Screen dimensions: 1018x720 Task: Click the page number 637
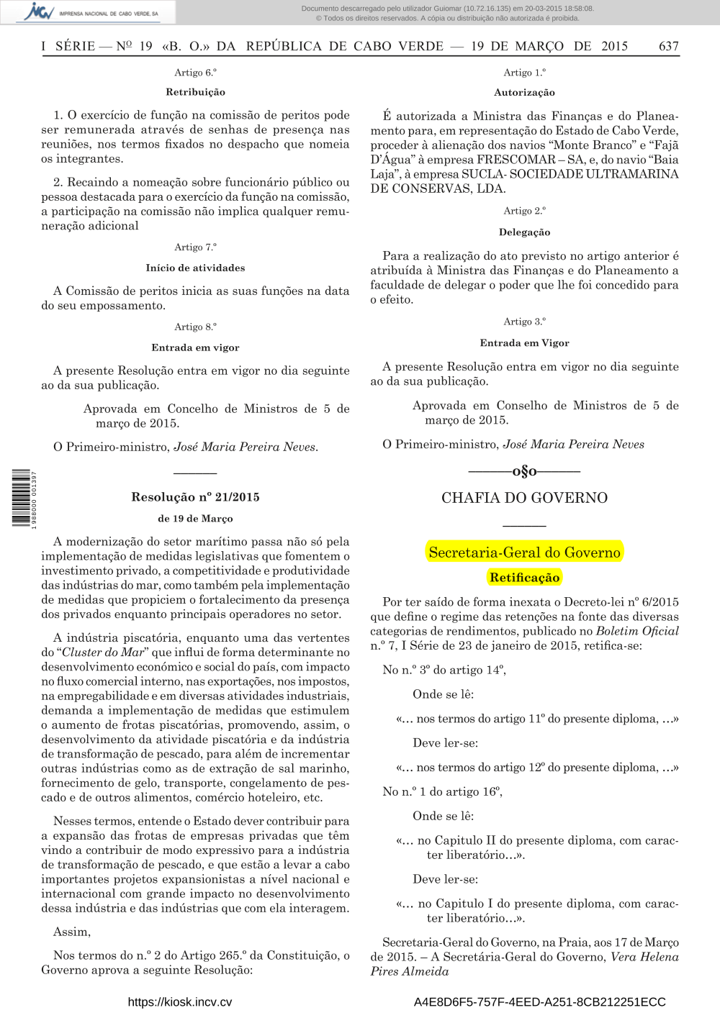pos(668,46)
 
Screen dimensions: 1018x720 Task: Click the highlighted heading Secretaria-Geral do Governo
pos(524,552)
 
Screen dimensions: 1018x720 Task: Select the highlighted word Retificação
pos(524,577)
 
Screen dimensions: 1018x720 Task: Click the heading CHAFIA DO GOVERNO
pos(524,498)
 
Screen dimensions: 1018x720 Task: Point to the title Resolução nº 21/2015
pos(195,496)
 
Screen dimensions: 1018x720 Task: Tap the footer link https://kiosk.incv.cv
pos(180,1001)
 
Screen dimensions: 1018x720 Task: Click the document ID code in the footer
pos(539,1001)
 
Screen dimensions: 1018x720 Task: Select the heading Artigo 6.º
pos(195,72)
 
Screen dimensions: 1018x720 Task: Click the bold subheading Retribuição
pos(195,92)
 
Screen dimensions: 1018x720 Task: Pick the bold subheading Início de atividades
pos(195,268)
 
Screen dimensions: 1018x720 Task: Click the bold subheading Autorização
pos(524,92)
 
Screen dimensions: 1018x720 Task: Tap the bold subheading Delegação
pos(524,232)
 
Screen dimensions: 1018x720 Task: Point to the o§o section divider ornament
pos(524,471)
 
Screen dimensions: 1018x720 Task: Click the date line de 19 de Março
pos(195,518)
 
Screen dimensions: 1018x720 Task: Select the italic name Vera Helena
pos(644,956)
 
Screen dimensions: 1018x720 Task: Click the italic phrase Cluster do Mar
pos(103,652)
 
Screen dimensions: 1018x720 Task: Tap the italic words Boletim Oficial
pos(637,630)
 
